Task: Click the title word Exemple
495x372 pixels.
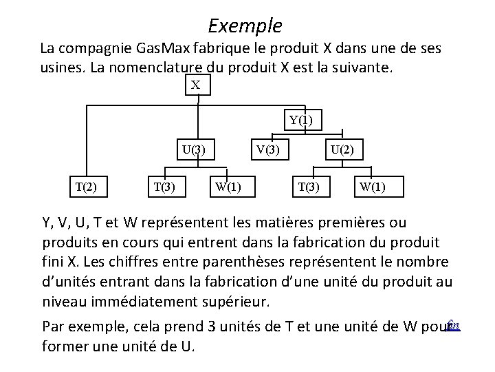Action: (x=245, y=26)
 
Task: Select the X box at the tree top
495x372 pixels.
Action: (x=196, y=85)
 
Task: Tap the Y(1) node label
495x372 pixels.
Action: (x=300, y=120)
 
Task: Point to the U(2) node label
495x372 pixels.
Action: (x=342, y=148)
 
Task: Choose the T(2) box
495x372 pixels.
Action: (x=86, y=185)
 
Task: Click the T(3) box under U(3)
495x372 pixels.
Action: (x=163, y=185)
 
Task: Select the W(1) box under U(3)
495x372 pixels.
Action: (x=228, y=185)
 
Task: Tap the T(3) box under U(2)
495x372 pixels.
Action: (x=307, y=185)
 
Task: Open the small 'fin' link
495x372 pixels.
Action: (x=452, y=322)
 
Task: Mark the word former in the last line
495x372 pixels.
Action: (x=64, y=346)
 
